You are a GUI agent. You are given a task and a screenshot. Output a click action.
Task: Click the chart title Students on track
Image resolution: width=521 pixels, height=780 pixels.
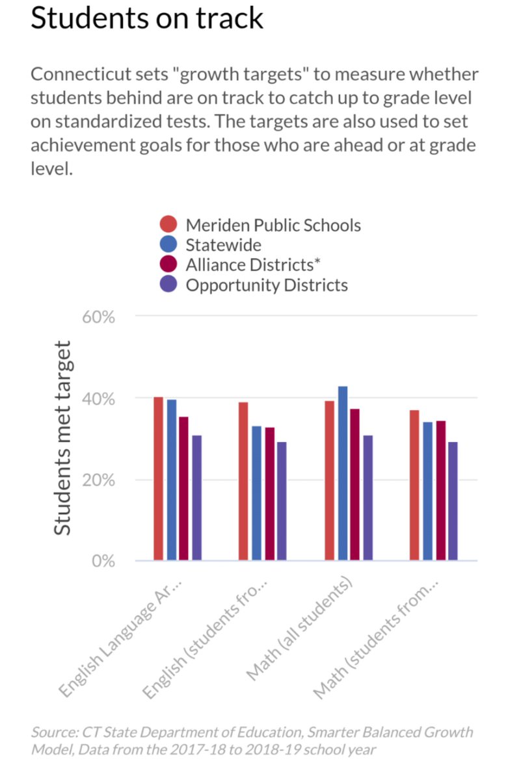(147, 18)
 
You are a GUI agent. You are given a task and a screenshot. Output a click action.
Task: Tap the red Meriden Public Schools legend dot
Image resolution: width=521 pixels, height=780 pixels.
(168, 225)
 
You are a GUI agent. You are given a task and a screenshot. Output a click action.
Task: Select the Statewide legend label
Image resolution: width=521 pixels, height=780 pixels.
(223, 245)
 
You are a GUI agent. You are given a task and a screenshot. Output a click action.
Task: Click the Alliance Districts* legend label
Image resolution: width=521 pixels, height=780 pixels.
(254, 265)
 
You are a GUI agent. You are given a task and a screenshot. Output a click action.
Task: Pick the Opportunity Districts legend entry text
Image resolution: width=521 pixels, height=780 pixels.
(267, 285)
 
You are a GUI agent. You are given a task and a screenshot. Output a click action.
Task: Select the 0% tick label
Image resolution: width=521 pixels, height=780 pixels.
(102, 561)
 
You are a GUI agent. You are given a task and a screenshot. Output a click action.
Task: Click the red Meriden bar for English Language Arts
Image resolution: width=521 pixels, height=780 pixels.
(158, 478)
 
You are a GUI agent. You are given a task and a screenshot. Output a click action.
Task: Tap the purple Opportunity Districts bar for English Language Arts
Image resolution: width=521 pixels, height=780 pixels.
(196, 498)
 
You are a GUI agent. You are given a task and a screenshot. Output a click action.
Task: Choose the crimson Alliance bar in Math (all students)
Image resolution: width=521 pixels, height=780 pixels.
(354, 484)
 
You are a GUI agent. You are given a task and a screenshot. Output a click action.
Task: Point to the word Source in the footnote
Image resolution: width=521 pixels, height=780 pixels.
(51, 733)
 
